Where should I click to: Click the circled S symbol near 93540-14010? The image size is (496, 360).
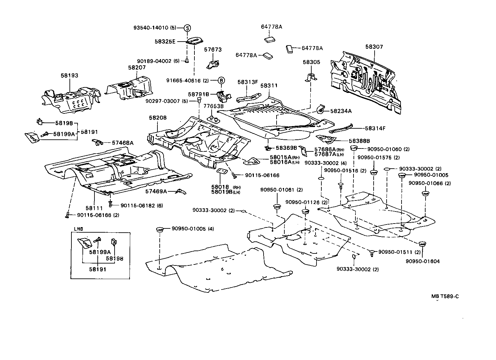click(x=187, y=28)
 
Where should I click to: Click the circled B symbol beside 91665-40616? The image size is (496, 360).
click(x=221, y=80)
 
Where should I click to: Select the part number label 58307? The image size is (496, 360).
click(x=374, y=47)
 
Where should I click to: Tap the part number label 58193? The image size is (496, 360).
click(x=69, y=75)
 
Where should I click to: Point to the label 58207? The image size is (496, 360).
click(x=137, y=68)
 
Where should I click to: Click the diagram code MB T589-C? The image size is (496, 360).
click(x=445, y=296)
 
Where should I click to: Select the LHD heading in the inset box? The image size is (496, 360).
click(x=79, y=229)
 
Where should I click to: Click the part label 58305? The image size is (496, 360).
click(x=311, y=62)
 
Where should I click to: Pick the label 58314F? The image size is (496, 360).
click(x=375, y=128)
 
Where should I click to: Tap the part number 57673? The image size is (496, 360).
click(x=213, y=50)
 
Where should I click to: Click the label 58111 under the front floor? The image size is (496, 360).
click(x=94, y=208)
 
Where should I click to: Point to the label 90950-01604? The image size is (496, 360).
click(x=422, y=261)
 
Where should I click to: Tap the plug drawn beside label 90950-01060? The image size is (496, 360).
click(x=354, y=149)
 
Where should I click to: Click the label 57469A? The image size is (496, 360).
click(x=156, y=191)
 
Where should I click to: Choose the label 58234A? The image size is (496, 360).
click(x=341, y=111)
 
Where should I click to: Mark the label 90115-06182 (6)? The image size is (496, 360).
click(x=142, y=205)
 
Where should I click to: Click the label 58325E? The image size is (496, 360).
click(x=165, y=42)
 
